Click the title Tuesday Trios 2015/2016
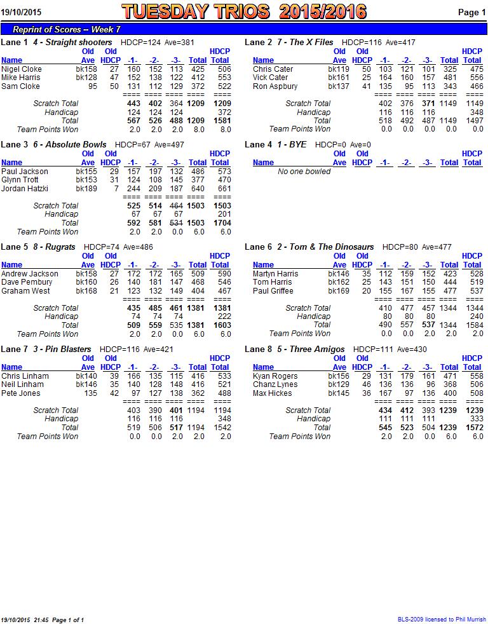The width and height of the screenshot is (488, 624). tap(244, 11)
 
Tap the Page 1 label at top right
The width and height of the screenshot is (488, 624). tap(471, 12)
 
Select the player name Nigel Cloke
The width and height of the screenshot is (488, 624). tap(22, 69)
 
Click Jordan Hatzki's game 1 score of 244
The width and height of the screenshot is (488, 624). tap(133, 189)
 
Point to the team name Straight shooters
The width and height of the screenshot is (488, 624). tap(78, 43)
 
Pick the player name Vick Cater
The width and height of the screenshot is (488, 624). tap(270, 78)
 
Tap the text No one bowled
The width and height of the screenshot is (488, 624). tap(304, 172)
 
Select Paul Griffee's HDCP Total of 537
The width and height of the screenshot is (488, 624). tap(473, 291)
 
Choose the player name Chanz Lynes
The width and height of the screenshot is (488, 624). tap(274, 384)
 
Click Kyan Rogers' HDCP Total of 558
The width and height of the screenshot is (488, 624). tap(473, 376)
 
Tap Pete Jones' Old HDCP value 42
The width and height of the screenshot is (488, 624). tap(114, 393)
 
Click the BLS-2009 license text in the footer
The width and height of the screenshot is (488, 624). tap(442, 620)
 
